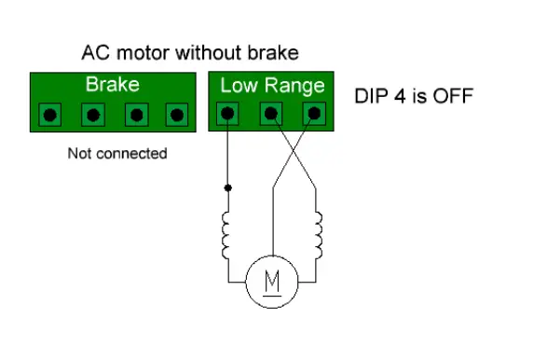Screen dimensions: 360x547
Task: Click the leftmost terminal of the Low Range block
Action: [x=227, y=114]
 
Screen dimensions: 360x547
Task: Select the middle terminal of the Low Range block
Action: [x=271, y=114]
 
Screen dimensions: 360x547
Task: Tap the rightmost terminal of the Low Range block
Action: [x=314, y=114]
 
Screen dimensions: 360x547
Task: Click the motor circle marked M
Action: [x=271, y=282]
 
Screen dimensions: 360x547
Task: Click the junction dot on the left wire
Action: [x=227, y=187]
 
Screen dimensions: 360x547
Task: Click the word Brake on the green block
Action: [x=112, y=85]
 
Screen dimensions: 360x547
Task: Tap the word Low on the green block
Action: [x=237, y=86]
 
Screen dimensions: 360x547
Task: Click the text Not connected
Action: [x=117, y=153]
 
